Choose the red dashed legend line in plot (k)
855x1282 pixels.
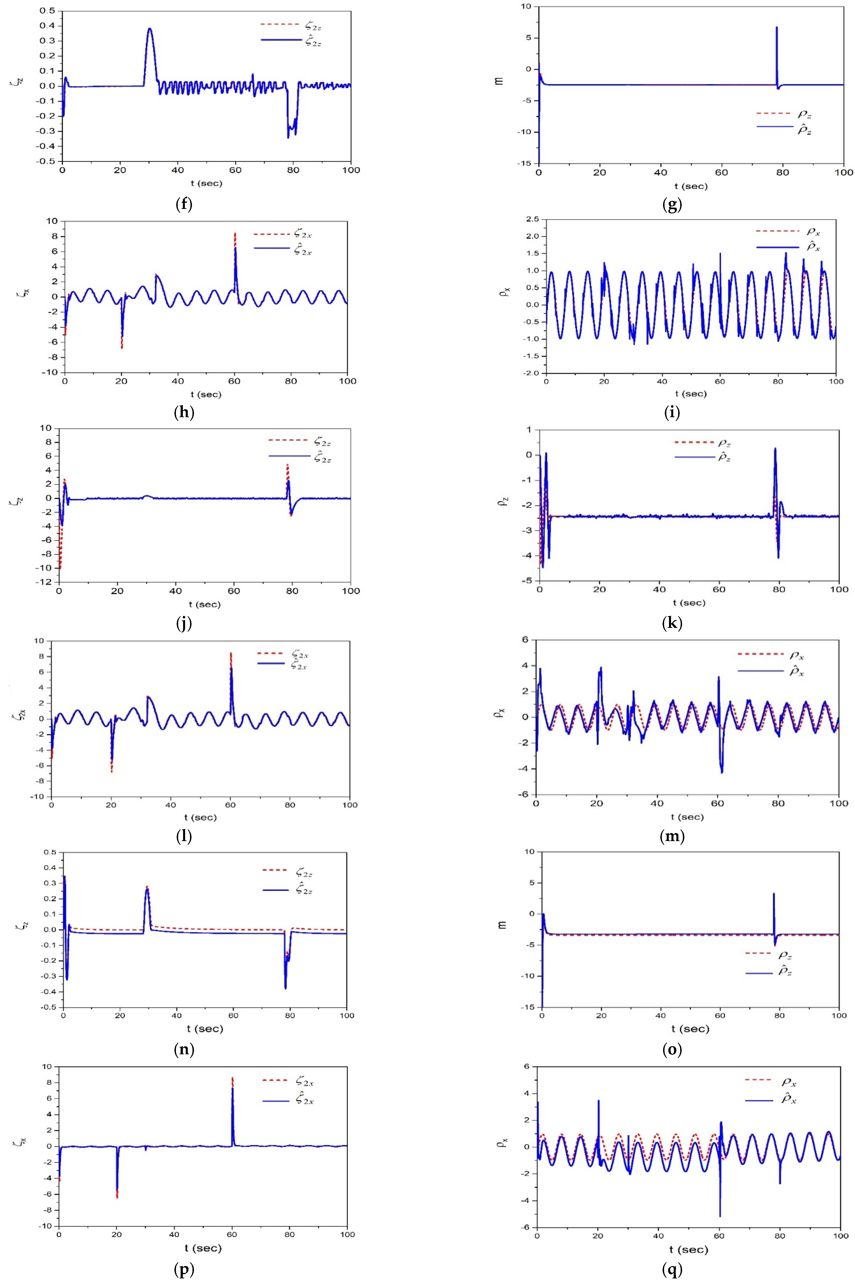(694, 442)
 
